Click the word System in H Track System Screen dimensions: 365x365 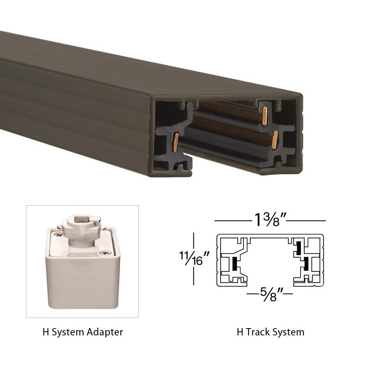click(x=288, y=332)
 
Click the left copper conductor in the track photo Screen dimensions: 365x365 click(x=176, y=142)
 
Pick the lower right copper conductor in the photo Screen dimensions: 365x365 click(x=275, y=140)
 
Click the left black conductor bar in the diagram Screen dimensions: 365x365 click(x=235, y=265)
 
